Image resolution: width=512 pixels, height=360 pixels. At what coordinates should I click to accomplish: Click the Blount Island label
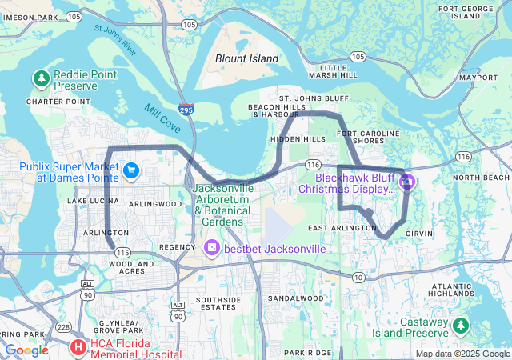[x=247, y=58]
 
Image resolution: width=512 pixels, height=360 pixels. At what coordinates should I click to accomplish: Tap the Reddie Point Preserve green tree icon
[x=41, y=78]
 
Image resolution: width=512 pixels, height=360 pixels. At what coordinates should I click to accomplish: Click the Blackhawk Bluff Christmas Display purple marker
[x=407, y=182]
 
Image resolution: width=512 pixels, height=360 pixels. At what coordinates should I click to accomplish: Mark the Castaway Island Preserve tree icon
[x=460, y=325]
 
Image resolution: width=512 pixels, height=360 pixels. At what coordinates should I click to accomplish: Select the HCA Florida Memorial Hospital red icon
[x=78, y=347]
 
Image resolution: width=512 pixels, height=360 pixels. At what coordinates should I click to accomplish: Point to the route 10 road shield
[x=359, y=277]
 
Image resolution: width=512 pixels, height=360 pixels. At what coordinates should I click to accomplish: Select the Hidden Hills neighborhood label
[x=298, y=139]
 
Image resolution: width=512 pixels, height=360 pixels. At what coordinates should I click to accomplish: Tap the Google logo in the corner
[x=27, y=350]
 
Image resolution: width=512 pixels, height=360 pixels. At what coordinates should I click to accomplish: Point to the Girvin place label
[x=419, y=233]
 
